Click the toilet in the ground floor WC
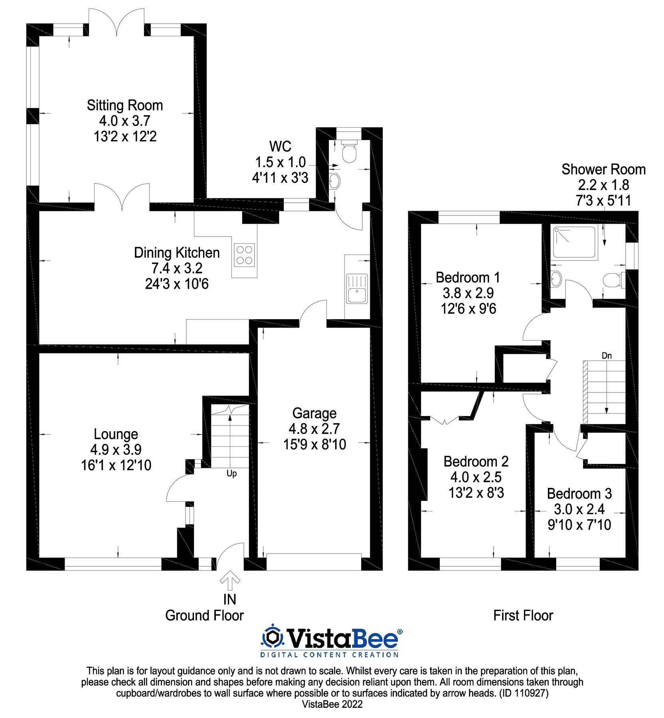pos(349,151)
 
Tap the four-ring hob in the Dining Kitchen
pos(244,255)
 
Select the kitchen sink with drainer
pos(357,288)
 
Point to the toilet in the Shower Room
pos(613,280)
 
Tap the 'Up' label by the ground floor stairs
pos(231,473)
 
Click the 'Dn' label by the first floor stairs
pos(606,355)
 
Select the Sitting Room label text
pos(125,106)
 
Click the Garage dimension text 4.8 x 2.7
pos(314,429)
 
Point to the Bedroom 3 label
pos(579,494)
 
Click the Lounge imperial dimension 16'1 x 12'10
pos(116,465)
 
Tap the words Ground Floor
pos(204,615)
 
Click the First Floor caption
pos(523,615)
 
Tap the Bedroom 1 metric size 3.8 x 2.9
pos(468,293)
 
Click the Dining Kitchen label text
pos(177,253)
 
